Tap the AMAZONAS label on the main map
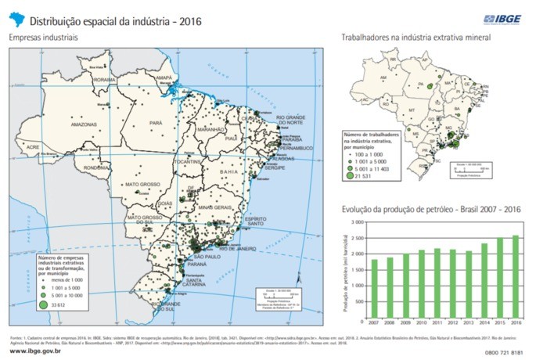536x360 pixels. (x=83, y=124)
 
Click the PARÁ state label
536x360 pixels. (x=156, y=123)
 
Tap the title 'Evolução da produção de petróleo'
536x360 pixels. (x=422, y=210)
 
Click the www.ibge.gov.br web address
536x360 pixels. (x=36, y=351)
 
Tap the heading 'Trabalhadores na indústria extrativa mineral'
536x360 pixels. (x=416, y=37)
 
